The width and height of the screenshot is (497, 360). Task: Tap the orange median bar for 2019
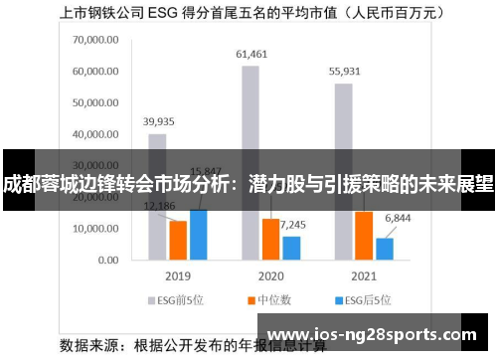pos(178,240)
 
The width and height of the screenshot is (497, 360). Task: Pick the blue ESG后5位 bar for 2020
pos(291,248)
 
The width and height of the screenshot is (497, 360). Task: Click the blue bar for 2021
pos(384,249)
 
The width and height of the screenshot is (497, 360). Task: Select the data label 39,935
pos(158,120)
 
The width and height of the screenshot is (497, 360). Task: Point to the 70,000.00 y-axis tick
pos(95,41)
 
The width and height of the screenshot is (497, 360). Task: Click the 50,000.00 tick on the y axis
pos(95,103)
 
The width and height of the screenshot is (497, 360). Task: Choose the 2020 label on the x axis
pos(269,275)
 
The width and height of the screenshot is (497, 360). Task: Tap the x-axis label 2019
pos(178,275)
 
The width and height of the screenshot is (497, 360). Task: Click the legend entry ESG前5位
pos(175,298)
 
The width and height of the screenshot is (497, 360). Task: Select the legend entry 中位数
pos(271,298)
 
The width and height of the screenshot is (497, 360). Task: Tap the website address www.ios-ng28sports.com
pos(374,334)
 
